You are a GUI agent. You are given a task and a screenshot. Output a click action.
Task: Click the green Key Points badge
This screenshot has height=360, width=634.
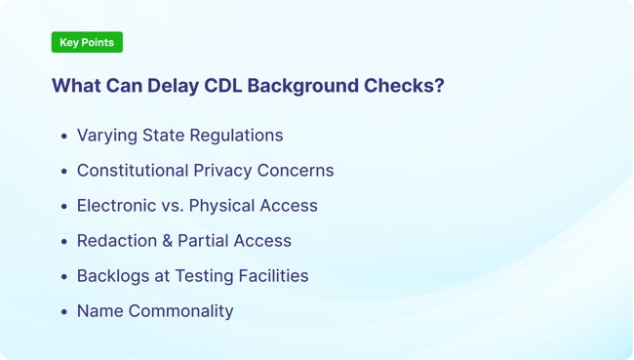pyautogui.click(x=87, y=42)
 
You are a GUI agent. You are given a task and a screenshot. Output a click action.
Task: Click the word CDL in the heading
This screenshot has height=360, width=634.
pyautogui.click(x=223, y=86)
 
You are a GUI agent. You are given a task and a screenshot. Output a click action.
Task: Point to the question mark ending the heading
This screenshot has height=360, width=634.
pyautogui.click(x=439, y=86)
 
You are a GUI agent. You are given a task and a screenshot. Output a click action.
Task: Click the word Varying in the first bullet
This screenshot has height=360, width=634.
pyautogui.click(x=107, y=136)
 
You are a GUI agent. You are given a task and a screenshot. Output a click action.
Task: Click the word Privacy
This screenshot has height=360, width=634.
pyautogui.click(x=225, y=171)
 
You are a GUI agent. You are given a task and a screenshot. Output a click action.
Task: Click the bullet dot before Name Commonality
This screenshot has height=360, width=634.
pyautogui.click(x=64, y=312)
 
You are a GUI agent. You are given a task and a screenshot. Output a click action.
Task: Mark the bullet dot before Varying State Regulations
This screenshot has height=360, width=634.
pyautogui.click(x=64, y=137)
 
